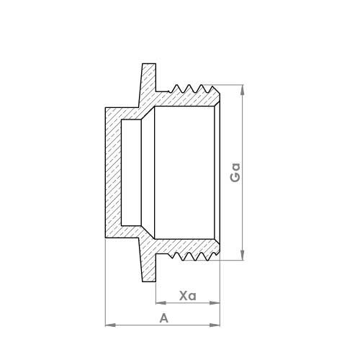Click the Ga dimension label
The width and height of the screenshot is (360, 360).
[x=235, y=172]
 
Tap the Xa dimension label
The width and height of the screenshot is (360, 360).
[x=188, y=296]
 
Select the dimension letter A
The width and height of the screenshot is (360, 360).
[x=163, y=318]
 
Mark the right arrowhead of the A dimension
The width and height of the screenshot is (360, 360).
[x=217, y=325]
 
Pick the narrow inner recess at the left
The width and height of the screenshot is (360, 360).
[x=132, y=173]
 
